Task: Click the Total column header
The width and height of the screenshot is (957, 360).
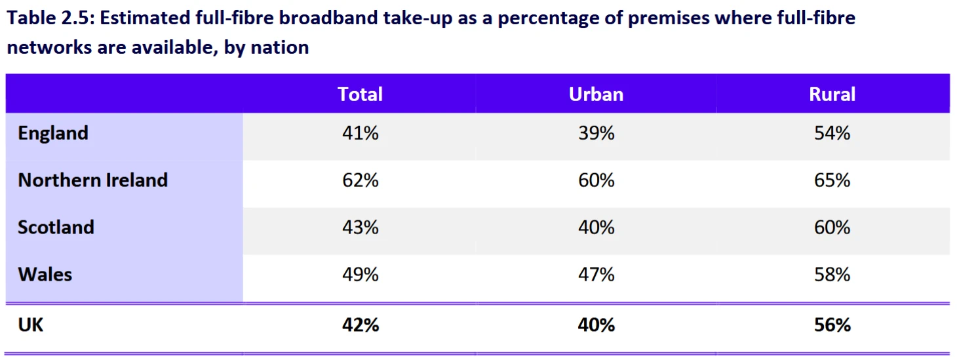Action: pos(360,94)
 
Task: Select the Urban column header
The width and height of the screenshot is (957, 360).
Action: pos(596,94)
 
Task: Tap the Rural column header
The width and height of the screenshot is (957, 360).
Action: pos(832,94)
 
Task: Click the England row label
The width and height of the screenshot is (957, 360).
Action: pos(53,133)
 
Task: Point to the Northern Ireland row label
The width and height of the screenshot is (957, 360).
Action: pos(93,180)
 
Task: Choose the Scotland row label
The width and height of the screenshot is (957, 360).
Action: pos(56,228)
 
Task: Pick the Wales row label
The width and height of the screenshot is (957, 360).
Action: pos(45,274)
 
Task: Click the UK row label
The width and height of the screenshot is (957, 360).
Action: pos(31,325)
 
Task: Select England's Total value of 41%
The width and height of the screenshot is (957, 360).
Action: pos(360,133)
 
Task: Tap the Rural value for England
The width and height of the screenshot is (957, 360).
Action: pos(832,133)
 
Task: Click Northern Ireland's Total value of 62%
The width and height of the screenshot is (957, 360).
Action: pos(360,180)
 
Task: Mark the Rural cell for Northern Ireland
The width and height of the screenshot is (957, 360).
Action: pos(832,180)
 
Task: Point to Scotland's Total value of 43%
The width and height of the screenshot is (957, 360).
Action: pos(360,228)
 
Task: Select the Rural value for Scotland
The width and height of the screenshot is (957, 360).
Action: pos(832,228)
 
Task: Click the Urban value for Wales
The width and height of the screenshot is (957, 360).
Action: pos(596,274)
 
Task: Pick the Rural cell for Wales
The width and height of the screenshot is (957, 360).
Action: pos(832,274)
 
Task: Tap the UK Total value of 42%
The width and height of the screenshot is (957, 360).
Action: pos(360,325)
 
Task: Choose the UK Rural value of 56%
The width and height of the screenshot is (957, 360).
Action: pos(832,325)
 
